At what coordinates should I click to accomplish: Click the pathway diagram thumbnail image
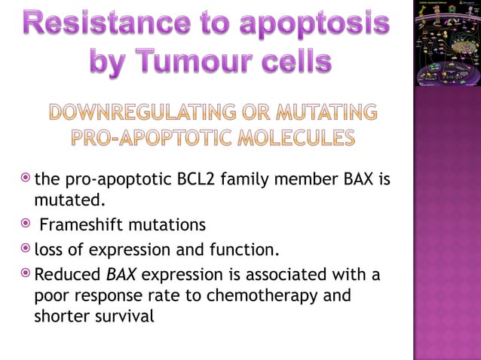447,44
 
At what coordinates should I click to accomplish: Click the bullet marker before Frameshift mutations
26,224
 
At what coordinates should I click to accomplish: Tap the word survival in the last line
124,317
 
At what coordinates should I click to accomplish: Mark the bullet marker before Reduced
26,275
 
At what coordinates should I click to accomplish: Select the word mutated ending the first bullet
67,201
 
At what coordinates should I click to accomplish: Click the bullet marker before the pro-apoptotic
26,180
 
